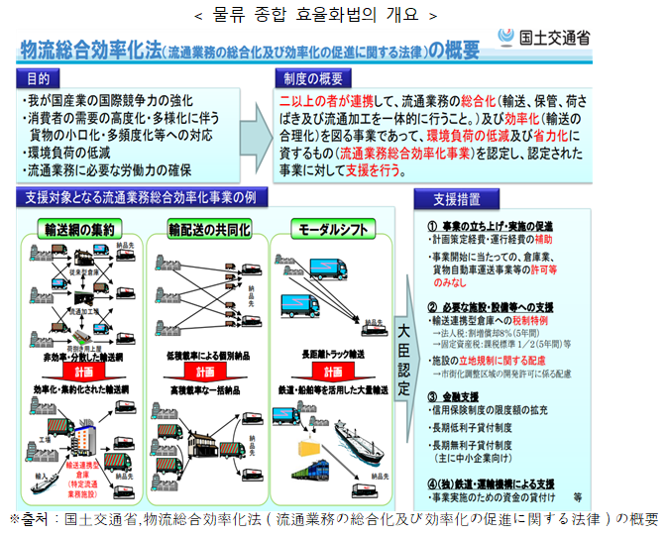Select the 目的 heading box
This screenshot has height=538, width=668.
tap(38, 78)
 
